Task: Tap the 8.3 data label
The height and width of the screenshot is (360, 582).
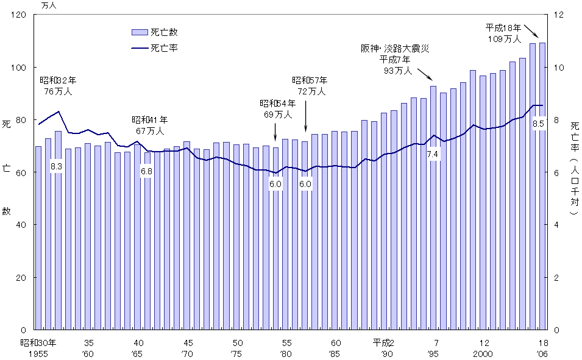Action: point(57,166)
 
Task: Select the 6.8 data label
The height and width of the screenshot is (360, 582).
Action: point(146,172)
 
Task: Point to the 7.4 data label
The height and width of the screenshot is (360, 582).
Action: point(433,155)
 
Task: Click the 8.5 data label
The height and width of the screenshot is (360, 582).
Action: point(538,124)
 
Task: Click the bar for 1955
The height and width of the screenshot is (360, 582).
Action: point(38,238)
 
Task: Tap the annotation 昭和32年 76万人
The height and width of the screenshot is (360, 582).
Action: point(58,86)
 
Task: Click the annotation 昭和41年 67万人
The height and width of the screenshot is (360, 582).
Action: point(150,125)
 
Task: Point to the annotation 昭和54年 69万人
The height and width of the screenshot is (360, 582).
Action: point(275,108)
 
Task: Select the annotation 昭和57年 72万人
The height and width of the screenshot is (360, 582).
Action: point(310,86)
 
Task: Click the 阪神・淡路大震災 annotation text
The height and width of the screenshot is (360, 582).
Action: point(395,49)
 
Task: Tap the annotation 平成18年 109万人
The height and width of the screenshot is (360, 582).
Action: point(503,33)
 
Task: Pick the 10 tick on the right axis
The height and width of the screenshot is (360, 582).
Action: point(557,67)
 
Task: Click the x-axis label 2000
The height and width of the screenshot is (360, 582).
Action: point(484,354)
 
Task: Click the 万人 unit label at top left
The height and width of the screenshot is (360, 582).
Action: point(49,5)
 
